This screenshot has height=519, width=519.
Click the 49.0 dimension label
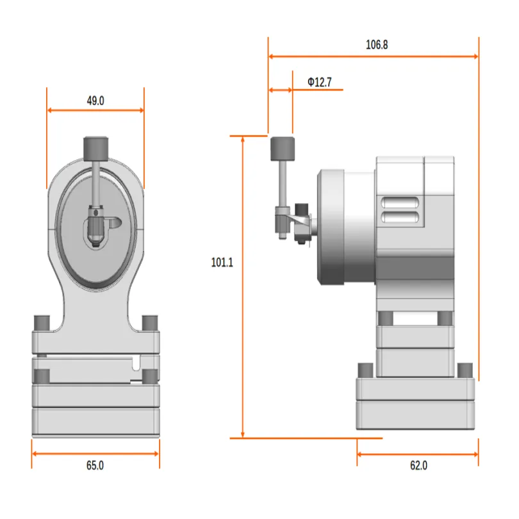click(x=95, y=101)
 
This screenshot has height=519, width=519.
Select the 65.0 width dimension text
click(x=95, y=466)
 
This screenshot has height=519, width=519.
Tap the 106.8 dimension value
click(x=377, y=45)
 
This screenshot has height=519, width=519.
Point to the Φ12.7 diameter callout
click(x=319, y=82)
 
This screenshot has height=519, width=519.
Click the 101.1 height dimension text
click(x=222, y=262)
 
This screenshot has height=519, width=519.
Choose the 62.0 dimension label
click(x=417, y=466)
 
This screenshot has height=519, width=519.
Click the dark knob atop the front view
click(x=95, y=147)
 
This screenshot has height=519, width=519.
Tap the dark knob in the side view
click(x=281, y=148)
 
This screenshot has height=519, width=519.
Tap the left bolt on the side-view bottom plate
click(x=365, y=370)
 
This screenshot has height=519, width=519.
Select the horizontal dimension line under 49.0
click(x=95, y=110)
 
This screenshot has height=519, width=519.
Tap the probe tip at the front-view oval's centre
click(x=96, y=224)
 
